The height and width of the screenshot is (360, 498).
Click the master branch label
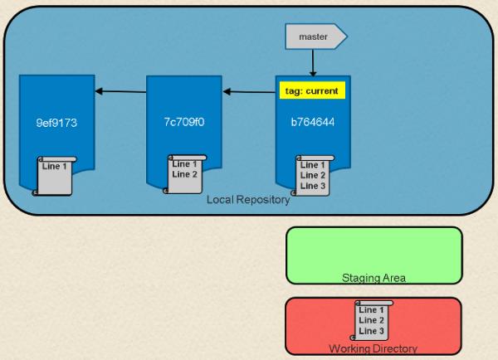coord(316,36)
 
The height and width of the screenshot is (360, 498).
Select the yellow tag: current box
coord(312,90)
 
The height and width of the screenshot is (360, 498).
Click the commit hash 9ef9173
coord(56,123)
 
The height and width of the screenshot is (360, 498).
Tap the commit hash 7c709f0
coord(184,122)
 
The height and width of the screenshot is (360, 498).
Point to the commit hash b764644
coord(313,122)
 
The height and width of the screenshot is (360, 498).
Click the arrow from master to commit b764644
coord(313,63)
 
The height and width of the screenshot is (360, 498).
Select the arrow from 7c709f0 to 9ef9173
coord(120,92)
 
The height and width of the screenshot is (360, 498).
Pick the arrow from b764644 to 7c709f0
coord(249,92)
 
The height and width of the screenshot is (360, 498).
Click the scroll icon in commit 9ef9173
coord(54,176)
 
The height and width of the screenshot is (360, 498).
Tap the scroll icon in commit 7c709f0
coord(185,174)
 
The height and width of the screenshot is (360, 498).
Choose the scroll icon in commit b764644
coord(313,176)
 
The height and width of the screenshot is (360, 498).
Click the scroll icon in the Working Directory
coord(371,320)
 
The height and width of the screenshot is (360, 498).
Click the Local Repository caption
coord(248,200)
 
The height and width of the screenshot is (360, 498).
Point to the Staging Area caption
coord(373,278)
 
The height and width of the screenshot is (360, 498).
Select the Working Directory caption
coord(373,348)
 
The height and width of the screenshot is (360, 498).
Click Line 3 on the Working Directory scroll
coord(371,331)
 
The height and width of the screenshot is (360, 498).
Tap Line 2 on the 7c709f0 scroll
coord(184,174)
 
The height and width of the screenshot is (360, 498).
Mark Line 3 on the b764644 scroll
coord(313,186)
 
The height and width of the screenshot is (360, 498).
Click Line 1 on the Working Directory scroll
coord(371,310)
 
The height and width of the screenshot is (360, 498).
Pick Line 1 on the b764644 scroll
coord(313,165)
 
